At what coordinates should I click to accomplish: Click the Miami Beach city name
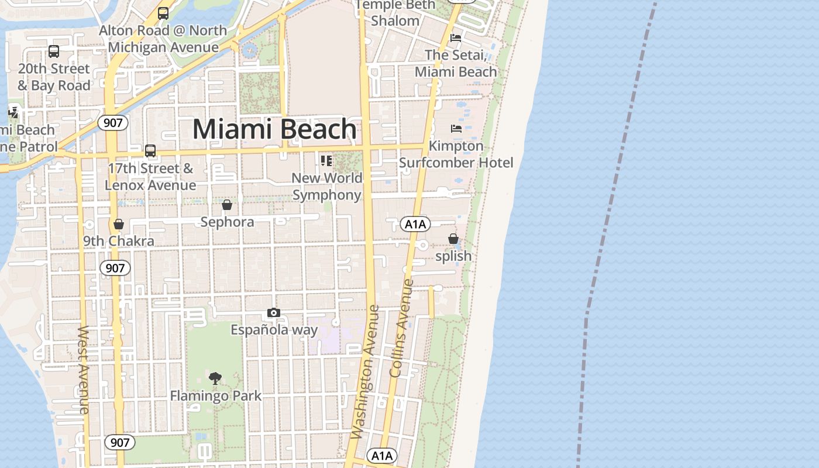click(274, 129)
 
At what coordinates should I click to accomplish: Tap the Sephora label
click(227, 222)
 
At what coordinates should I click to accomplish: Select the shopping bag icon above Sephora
click(227, 205)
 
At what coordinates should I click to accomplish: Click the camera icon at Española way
click(274, 313)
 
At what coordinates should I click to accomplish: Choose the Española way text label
click(274, 330)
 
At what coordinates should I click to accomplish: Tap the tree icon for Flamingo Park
click(215, 378)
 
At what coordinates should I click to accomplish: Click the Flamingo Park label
click(215, 396)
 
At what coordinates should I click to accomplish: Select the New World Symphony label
click(327, 186)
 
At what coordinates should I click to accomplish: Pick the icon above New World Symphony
click(326, 160)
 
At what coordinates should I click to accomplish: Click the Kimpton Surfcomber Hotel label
click(456, 154)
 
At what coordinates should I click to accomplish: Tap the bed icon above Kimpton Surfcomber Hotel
click(456, 128)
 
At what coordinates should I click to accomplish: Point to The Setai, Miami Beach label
click(456, 63)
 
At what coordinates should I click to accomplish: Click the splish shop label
click(453, 256)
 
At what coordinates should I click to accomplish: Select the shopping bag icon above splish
click(453, 239)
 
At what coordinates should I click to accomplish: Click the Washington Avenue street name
click(366, 371)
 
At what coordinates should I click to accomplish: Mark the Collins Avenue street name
click(401, 328)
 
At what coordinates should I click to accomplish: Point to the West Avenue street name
click(84, 370)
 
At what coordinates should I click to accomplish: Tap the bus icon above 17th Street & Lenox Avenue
click(150, 151)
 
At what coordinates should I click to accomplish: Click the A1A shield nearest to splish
click(415, 224)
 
